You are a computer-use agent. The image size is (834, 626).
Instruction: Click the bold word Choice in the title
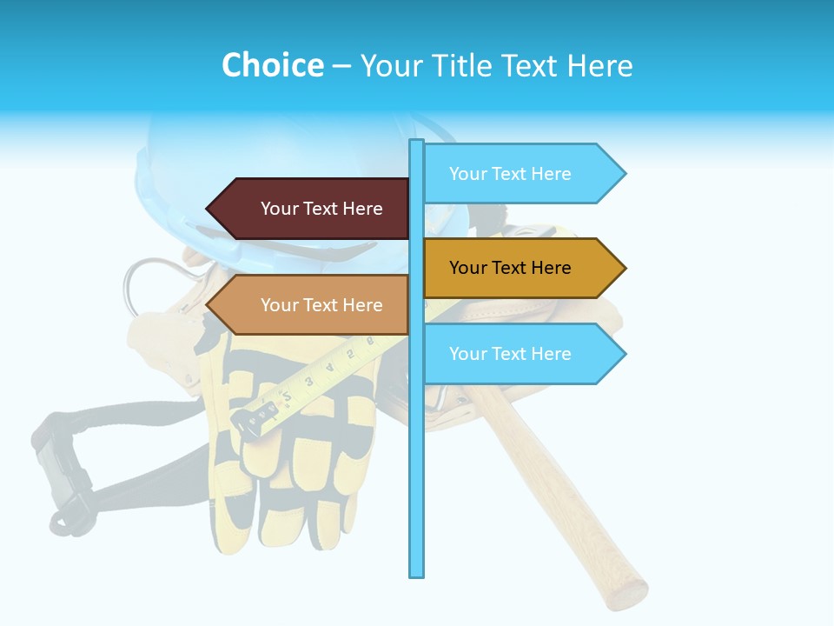[272, 65]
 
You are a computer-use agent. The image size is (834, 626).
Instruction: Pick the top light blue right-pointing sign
[521, 174]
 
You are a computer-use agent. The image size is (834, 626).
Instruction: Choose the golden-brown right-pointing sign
[521, 268]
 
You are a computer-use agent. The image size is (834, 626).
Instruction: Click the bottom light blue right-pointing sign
[521, 354]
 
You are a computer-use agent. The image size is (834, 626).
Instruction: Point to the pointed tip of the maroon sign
[208, 209]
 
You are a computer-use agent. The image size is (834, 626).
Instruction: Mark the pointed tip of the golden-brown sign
[624, 268]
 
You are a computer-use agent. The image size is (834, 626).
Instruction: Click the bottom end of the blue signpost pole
[416, 574]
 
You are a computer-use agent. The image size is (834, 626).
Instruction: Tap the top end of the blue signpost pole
[416, 143]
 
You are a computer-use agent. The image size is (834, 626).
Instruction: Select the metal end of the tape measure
[252, 422]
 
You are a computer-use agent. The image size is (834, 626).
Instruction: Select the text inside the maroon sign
[321, 209]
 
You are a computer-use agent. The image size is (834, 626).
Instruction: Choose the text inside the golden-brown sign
[510, 268]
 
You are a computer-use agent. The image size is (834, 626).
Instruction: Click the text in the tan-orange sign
[321, 305]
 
